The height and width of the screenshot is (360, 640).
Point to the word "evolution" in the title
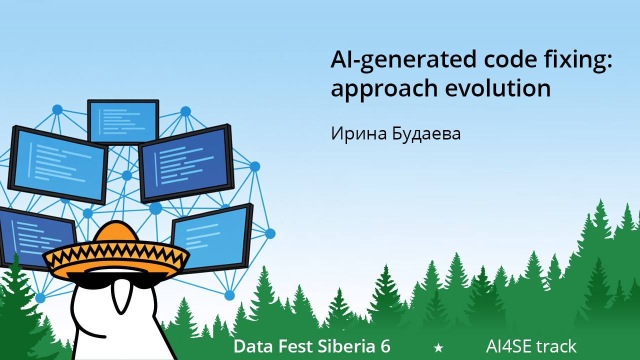coord(497,87)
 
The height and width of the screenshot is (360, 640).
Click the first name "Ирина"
coord(359,133)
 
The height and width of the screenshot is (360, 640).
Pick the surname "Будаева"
coord(426,133)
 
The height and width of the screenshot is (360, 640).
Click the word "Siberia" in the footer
coord(346,346)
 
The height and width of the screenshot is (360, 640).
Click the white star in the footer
coord(438,347)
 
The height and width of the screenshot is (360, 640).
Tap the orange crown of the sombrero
coord(115,232)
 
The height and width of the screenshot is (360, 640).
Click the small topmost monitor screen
coord(123,122)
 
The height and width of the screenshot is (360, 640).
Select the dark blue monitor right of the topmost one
coord(186,163)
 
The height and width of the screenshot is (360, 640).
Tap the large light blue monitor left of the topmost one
coord(58,165)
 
